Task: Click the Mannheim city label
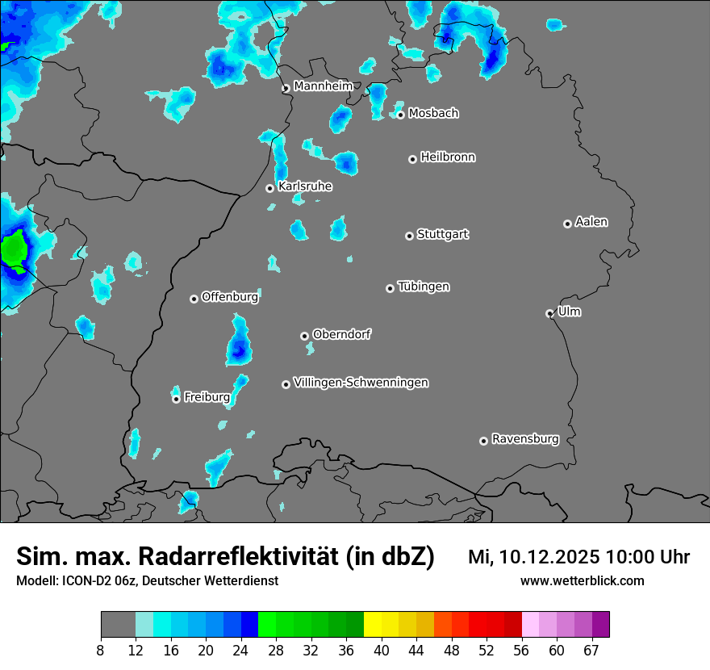324,86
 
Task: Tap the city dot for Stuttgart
409,236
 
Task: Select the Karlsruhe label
305,186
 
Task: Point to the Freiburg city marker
176,399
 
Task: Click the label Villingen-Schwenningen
361,383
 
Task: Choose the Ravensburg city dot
483,441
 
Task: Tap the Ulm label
569,312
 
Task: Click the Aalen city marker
567,224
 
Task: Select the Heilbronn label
448,157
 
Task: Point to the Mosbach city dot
400,115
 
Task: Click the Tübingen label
424,287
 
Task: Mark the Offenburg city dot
194,299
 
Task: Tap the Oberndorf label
341,334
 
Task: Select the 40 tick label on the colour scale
382,651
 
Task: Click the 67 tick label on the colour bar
591,651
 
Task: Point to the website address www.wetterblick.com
582,581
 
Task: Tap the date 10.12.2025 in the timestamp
549,557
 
